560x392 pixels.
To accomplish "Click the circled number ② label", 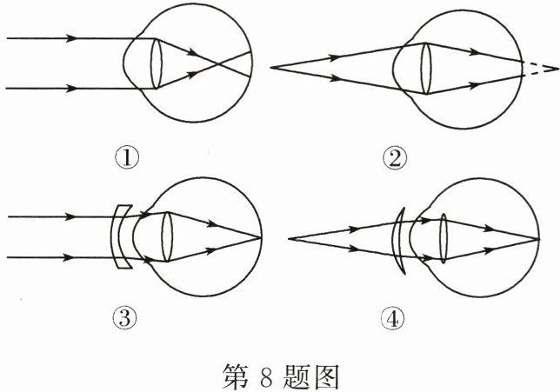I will point(397,158).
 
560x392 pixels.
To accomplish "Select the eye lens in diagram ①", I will point(157,63).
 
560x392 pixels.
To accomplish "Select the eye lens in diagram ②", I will point(427,69).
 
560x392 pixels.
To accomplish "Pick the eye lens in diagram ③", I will point(167,236).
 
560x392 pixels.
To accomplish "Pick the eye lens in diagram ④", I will point(442,237).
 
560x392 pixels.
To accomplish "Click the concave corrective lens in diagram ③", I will point(123,236).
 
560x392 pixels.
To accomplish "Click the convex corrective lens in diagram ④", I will point(399,237).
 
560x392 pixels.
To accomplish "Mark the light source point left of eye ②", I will point(272,68).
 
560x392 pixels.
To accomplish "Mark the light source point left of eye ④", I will point(288,237).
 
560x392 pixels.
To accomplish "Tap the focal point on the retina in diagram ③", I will point(261,236).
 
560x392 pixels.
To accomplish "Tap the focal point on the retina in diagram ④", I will point(530,237).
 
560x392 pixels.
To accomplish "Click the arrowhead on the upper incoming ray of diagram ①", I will point(73,38).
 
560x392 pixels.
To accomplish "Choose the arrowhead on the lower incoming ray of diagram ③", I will point(73,257).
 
